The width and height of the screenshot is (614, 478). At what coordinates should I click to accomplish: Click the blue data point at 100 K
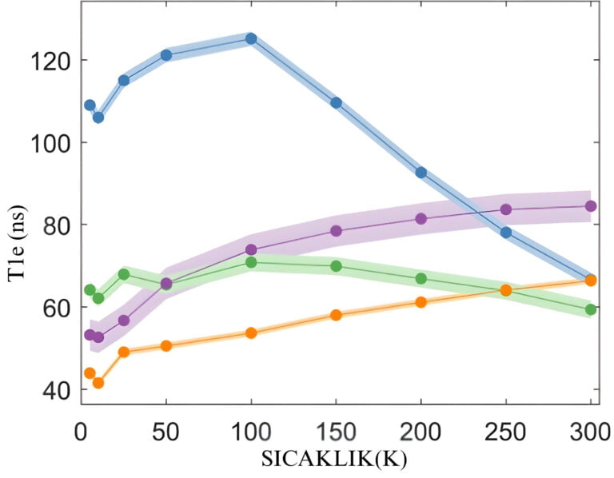pyautogui.click(x=251, y=38)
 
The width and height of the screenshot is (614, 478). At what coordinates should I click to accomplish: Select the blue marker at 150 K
pyautogui.click(x=336, y=102)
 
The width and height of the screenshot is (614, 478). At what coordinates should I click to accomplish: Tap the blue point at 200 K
pyautogui.click(x=421, y=173)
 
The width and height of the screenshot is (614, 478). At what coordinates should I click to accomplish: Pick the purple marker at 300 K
pyautogui.click(x=591, y=205)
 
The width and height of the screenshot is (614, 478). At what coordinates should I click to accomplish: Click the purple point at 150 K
pyautogui.click(x=336, y=231)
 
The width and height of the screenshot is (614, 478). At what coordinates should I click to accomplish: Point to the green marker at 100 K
pyautogui.click(x=251, y=262)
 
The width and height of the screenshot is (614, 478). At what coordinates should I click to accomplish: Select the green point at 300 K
pyautogui.click(x=591, y=309)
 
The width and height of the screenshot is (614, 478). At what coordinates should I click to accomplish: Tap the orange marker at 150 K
pyautogui.click(x=336, y=315)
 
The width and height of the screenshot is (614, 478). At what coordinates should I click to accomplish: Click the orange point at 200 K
pyautogui.click(x=421, y=302)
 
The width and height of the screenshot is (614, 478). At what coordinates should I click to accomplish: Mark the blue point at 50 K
pyautogui.click(x=166, y=55)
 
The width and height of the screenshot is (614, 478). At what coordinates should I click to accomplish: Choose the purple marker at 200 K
pyautogui.click(x=421, y=219)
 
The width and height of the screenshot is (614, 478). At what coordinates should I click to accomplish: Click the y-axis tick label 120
pyautogui.click(x=50, y=61)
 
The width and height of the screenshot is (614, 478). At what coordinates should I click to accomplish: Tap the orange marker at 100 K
pyautogui.click(x=251, y=333)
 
